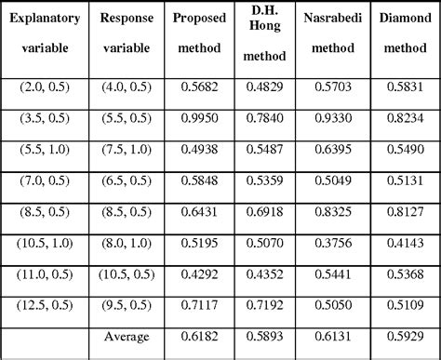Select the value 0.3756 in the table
click(330, 246)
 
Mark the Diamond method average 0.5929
click(404, 336)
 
